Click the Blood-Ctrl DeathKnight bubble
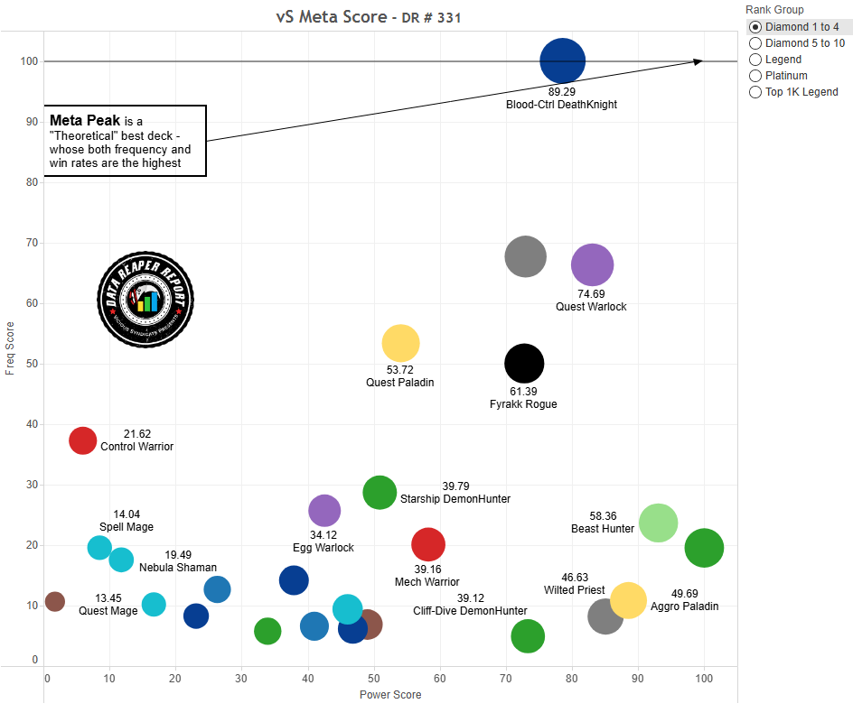coord(563,61)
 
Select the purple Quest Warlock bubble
coord(593,265)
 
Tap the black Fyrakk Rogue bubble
coord(524,364)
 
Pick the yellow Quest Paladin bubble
coord(400,343)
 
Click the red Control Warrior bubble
coord(82,440)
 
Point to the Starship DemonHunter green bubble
coord(380,493)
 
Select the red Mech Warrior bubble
coord(428,544)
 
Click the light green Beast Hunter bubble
coord(658,523)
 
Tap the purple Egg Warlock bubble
coord(324,511)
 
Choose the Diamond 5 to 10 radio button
coord(755,43)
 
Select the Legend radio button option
coord(755,60)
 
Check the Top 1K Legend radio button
coord(755,92)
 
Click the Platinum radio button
coord(755,76)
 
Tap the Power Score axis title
coord(390,695)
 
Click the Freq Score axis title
coord(10,348)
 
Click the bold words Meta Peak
coord(85,120)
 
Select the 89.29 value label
coord(562,92)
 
